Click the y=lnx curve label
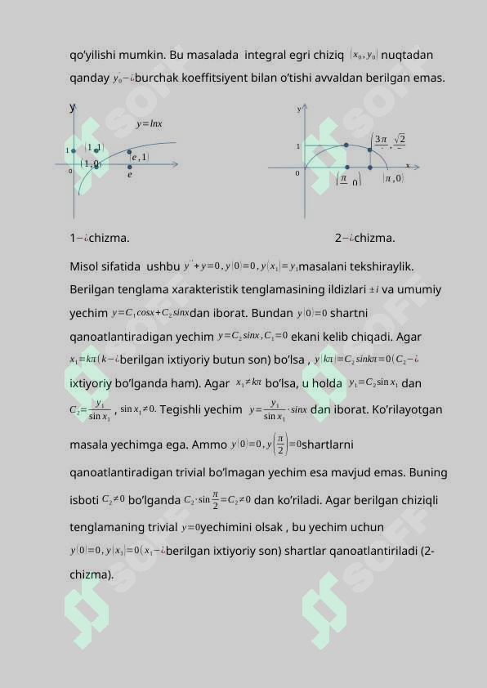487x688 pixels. pyautogui.click(x=149, y=124)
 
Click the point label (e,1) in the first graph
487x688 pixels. pyautogui.click(x=139, y=157)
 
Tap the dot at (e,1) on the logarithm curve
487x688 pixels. pyautogui.click(x=129, y=151)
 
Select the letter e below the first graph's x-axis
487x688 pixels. pyautogui.click(x=129, y=174)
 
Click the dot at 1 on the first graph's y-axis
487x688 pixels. pyautogui.click(x=74, y=150)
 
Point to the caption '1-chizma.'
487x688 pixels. pyautogui.click(x=99, y=239)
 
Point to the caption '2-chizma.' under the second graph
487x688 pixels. pyautogui.click(x=364, y=239)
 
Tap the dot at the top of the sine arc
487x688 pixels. pyautogui.click(x=346, y=145)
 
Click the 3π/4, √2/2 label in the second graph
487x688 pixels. pyautogui.click(x=389, y=141)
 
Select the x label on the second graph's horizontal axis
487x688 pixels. pyautogui.click(x=408, y=165)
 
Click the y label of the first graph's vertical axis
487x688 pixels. pyautogui.click(x=72, y=107)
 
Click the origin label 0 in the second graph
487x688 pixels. pyautogui.click(x=297, y=173)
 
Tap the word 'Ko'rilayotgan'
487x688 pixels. pyautogui.click(x=404, y=410)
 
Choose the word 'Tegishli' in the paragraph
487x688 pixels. pyautogui.click(x=183, y=410)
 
